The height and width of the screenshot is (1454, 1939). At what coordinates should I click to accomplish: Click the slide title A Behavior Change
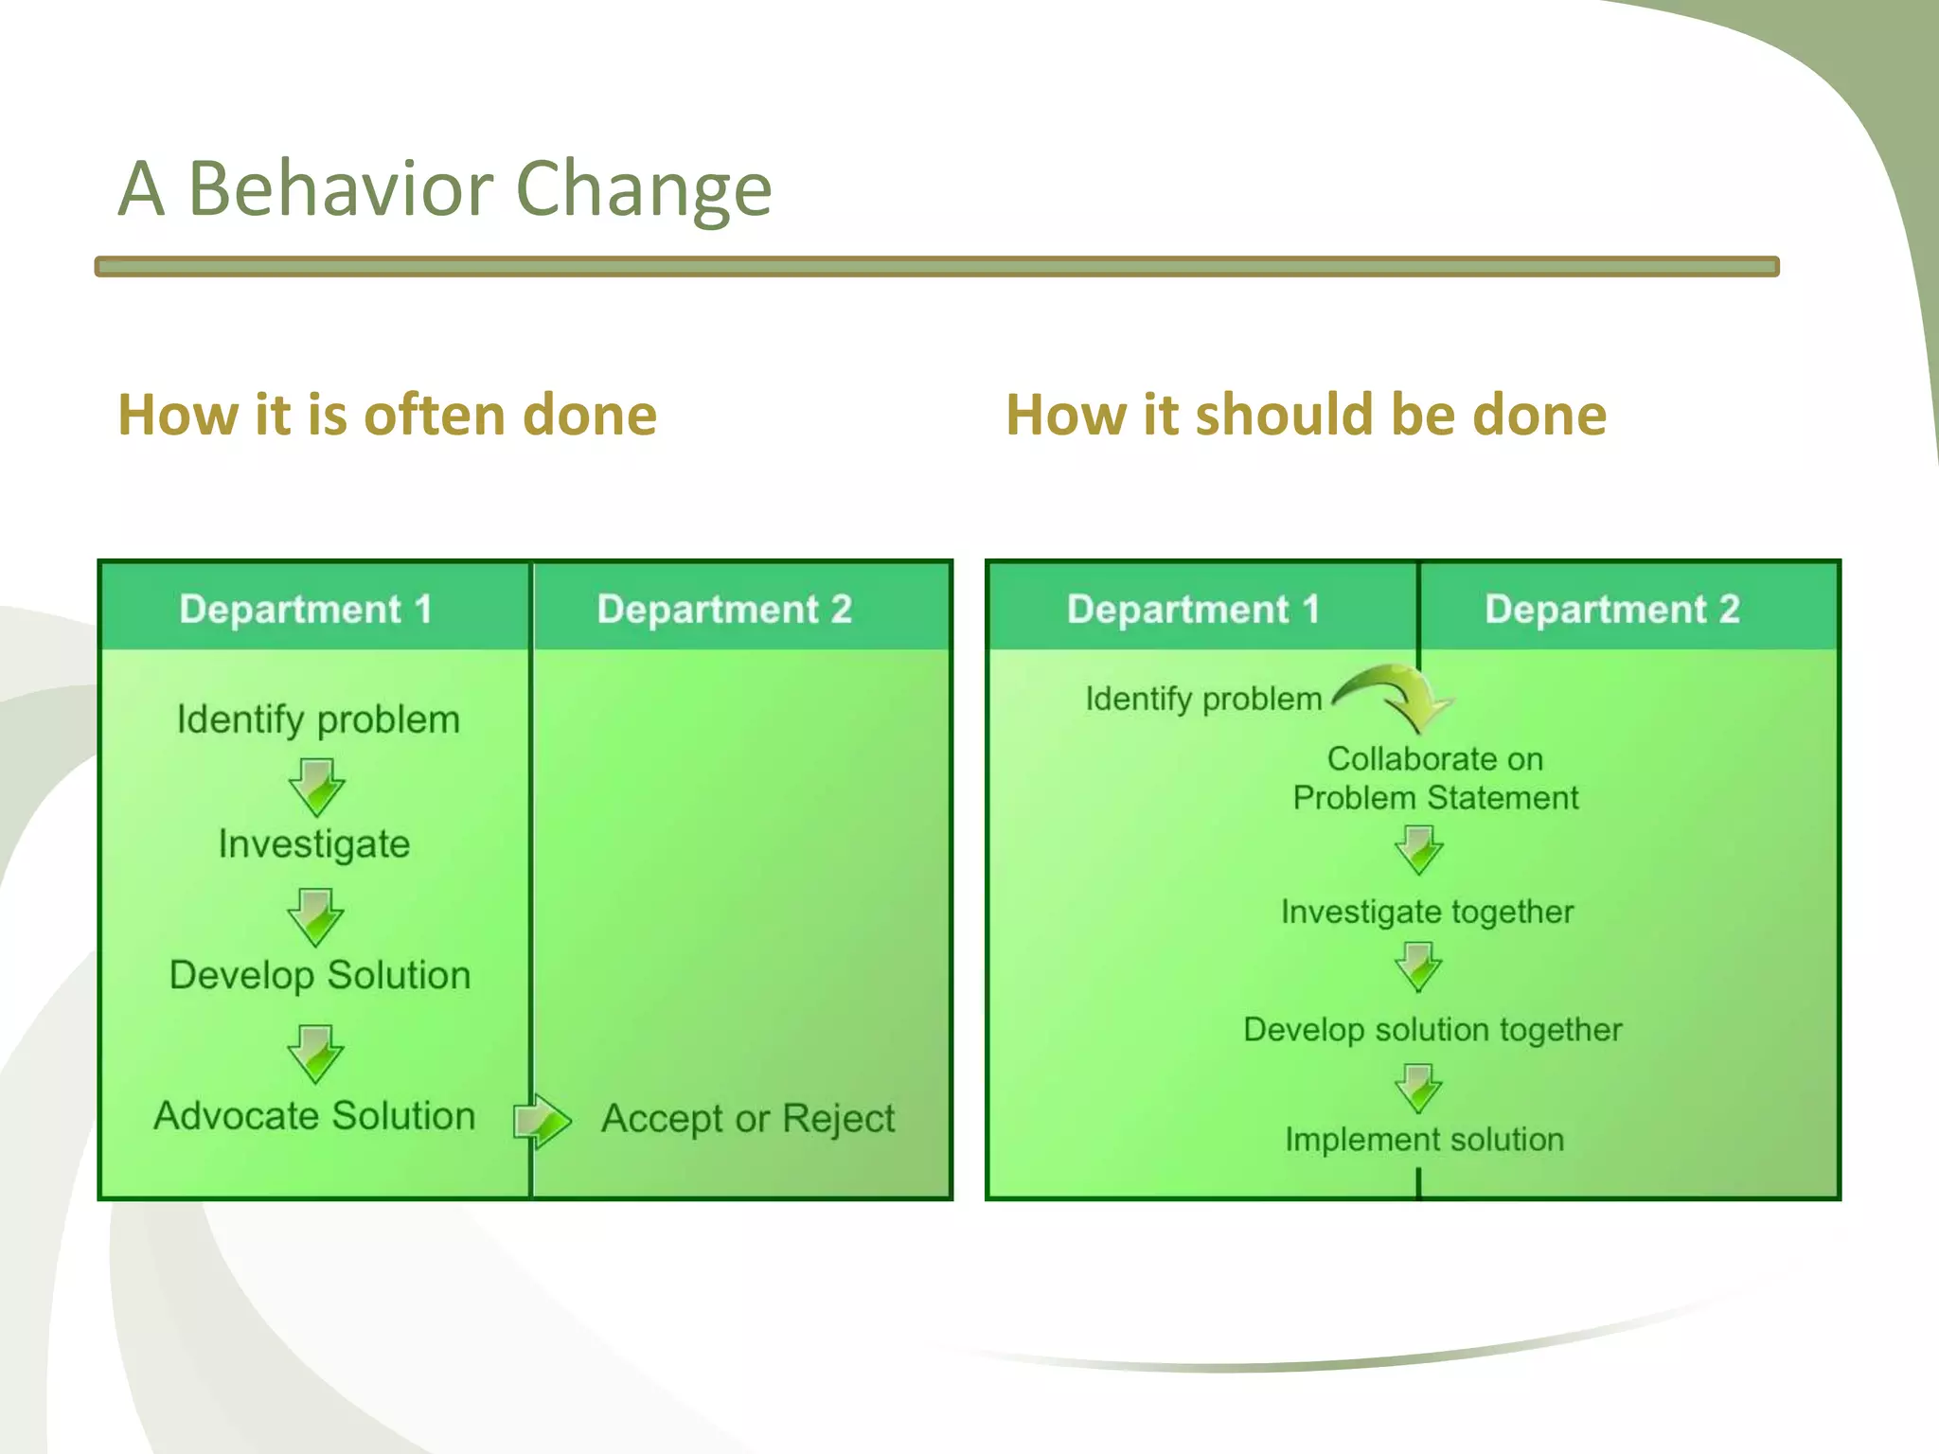[445, 189]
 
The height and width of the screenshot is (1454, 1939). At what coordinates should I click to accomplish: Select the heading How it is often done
[387, 416]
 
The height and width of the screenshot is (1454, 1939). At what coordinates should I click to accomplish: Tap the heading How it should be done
[1306, 416]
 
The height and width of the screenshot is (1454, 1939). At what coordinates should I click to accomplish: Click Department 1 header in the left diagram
[305, 609]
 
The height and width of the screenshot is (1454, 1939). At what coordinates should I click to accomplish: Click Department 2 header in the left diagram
[724, 609]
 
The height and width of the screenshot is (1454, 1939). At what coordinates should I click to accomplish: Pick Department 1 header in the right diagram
[1193, 609]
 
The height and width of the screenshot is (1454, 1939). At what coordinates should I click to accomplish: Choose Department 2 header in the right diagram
[1612, 609]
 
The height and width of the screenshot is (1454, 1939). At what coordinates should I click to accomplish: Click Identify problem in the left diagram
[318, 720]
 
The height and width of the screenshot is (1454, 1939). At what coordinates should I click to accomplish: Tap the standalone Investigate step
[314, 844]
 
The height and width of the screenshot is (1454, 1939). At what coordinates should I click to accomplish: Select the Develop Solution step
[320, 976]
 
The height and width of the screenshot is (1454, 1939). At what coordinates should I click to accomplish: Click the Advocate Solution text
[314, 1116]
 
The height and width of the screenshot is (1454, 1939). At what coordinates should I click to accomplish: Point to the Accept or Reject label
[748, 1119]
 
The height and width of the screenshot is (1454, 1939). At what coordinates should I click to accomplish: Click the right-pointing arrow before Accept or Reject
[542, 1121]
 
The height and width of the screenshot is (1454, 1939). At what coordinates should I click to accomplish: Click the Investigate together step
[1427, 913]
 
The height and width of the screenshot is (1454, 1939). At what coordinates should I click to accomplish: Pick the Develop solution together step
[1432, 1030]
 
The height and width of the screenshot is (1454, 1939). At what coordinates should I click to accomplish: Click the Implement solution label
[1424, 1140]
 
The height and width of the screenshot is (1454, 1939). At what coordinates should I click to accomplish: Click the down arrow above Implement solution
[1418, 1089]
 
